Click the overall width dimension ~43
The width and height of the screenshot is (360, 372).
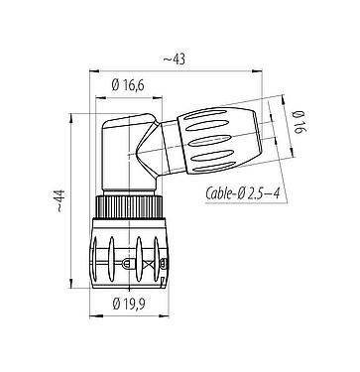pyautogui.click(x=180, y=61)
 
